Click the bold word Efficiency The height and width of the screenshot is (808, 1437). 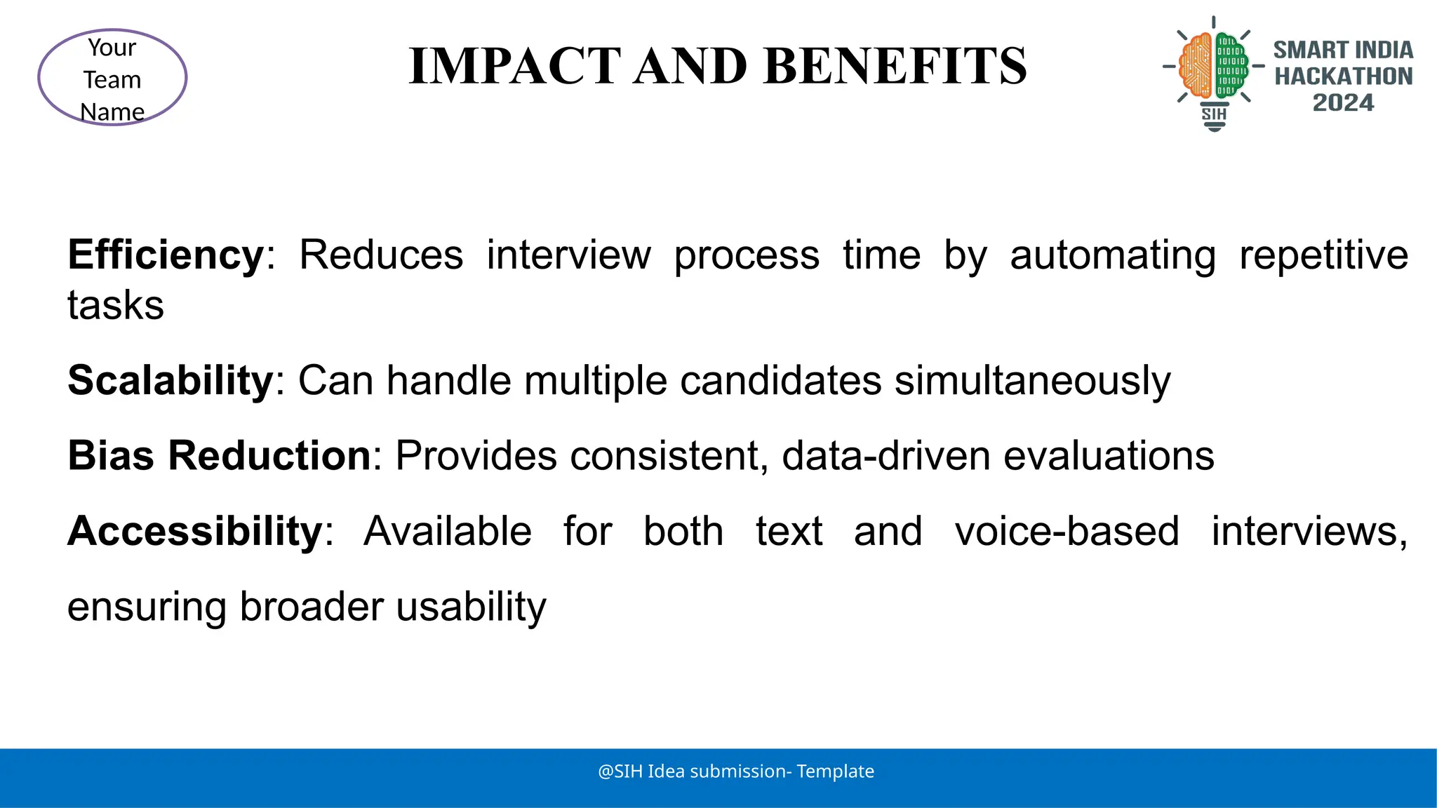[166, 255]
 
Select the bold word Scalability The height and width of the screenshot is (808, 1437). [170, 380]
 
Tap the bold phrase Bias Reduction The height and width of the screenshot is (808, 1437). [219, 456]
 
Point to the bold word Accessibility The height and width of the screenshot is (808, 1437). [194, 531]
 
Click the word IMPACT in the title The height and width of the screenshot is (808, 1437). [515, 66]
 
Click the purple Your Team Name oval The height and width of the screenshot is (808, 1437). [112, 78]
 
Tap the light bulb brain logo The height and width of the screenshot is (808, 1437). [1214, 67]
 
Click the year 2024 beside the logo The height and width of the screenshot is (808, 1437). [1343, 103]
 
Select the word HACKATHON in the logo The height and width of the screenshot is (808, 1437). [1343, 76]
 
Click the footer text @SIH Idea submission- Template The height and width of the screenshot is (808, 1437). [735, 772]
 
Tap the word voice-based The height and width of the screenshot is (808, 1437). [1067, 531]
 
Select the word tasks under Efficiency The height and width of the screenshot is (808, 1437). [116, 306]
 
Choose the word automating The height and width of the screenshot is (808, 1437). [1112, 255]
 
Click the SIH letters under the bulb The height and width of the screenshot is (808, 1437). [1214, 114]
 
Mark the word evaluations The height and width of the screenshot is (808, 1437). [1109, 456]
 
